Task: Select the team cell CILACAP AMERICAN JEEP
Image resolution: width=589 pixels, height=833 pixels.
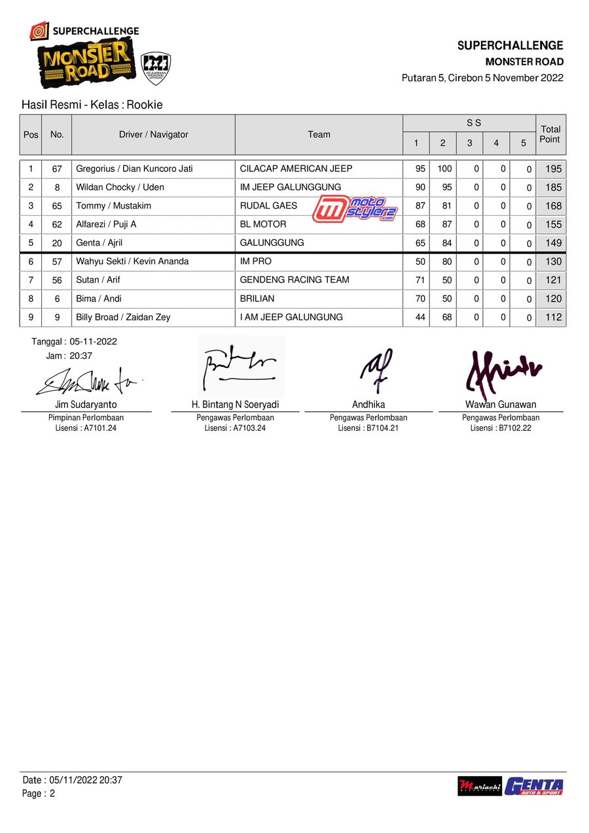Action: coord(296,169)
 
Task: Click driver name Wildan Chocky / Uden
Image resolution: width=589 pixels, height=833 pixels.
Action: coord(120,187)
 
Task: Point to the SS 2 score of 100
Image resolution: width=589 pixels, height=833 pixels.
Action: coord(444,169)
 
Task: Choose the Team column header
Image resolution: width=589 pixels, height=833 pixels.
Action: coord(319,135)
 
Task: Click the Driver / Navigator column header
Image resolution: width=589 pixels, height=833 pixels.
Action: coord(153,135)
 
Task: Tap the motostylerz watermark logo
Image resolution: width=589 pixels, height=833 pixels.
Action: coord(355,209)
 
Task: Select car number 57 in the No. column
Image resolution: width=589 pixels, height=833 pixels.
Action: coord(57,262)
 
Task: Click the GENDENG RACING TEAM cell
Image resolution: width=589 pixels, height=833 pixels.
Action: coord(294,280)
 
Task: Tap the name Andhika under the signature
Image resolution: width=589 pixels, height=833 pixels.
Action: coord(368,405)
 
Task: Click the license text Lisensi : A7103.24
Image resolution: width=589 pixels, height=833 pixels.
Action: coord(235,428)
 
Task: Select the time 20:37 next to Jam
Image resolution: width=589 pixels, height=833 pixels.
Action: coord(80,356)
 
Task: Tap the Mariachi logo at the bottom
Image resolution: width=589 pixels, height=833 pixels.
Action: coord(479,786)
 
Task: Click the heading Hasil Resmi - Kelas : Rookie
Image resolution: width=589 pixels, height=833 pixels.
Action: coord(92,105)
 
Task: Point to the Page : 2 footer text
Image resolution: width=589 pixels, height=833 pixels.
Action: coord(39,794)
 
